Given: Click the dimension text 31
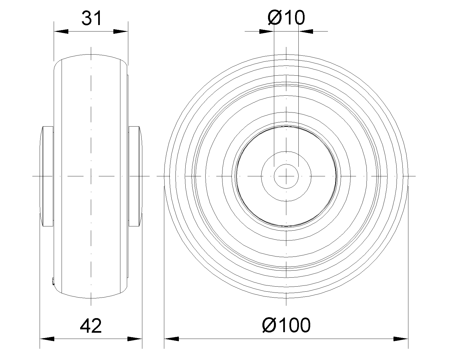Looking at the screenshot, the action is point(91,18).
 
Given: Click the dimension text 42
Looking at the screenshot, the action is point(91,326).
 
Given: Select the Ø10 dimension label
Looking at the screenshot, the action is point(286,18).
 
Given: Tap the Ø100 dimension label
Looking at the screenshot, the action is point(286,325).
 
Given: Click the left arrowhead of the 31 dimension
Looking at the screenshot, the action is point(61,31).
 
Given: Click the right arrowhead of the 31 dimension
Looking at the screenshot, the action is point(120,31).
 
